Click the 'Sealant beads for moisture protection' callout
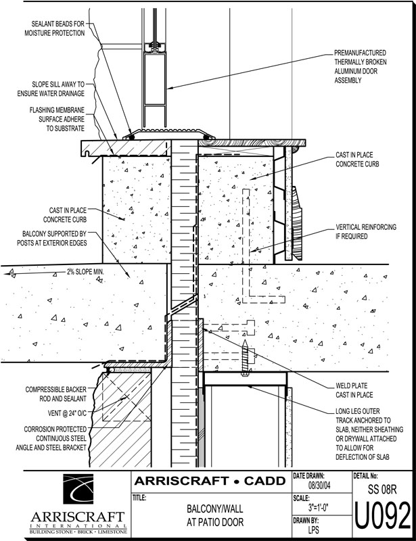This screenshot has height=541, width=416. click(55, 27)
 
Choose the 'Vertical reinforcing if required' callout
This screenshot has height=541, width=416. click(366, 232)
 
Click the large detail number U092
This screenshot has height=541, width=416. click(382, 515)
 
